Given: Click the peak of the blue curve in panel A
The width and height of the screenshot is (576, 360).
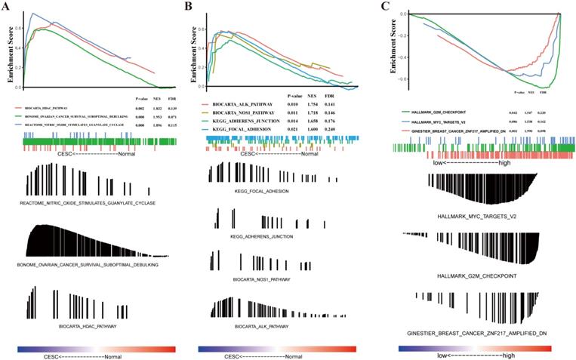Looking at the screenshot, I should pyautogui.click(x=33, y=13).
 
